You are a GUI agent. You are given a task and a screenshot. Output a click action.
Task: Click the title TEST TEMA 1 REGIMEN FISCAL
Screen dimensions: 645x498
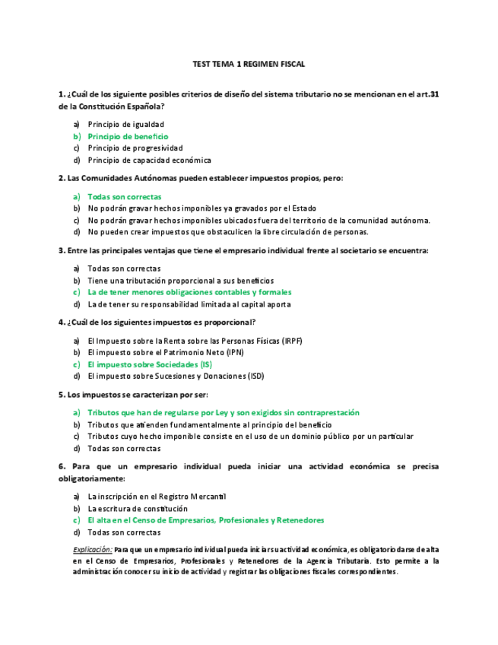(x=249, y=66)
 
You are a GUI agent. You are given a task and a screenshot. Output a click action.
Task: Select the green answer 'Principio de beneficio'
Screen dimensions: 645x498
(x=128, y=136)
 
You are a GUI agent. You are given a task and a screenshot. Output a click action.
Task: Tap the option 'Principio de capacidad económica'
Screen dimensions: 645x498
(x=149, y=160)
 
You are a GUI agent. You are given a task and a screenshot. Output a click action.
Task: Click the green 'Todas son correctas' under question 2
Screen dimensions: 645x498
(x=124, y=196)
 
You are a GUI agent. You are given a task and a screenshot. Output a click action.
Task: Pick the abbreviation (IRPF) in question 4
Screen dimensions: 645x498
(x=291, y=341)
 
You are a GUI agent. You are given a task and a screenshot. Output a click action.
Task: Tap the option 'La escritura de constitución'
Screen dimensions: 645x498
(x=137, y=508)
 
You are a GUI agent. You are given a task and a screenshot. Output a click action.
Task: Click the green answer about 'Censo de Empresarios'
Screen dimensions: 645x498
(x=205, y=520)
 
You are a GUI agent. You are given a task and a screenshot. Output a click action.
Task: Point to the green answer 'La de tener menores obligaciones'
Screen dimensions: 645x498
(x=189, y=292)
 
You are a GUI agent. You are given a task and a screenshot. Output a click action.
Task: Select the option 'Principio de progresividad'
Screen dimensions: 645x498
(x=135, y=148)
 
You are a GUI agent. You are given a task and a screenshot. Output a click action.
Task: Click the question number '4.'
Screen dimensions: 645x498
(x=62, y=322)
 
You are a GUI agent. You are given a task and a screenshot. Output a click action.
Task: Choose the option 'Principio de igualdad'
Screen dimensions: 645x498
(x=125, y=124)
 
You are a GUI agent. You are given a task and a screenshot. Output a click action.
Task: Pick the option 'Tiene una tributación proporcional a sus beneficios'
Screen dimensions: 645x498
(x=180, y=281)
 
